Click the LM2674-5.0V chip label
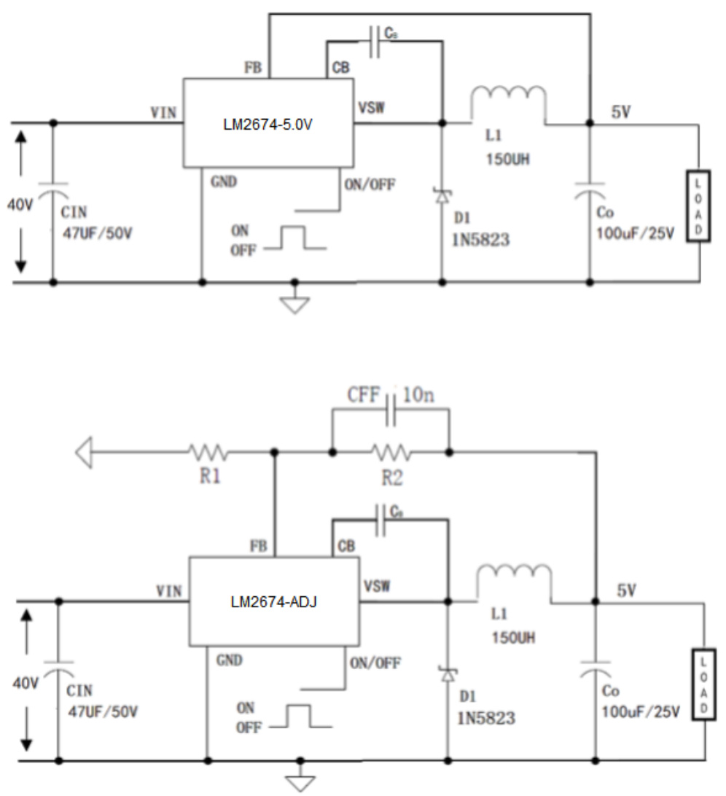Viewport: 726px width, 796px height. pos(268,123)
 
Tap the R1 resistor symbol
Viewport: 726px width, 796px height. pos(209,453)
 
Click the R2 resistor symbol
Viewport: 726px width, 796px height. pos(391,453)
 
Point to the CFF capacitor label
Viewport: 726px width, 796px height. pos(364,396)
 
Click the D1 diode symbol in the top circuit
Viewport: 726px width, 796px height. pos(441,195)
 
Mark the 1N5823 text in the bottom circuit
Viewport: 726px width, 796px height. pos(486,718)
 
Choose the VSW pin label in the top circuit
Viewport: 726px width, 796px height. pos(372,108)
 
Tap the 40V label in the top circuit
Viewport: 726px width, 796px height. pos(20,205)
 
